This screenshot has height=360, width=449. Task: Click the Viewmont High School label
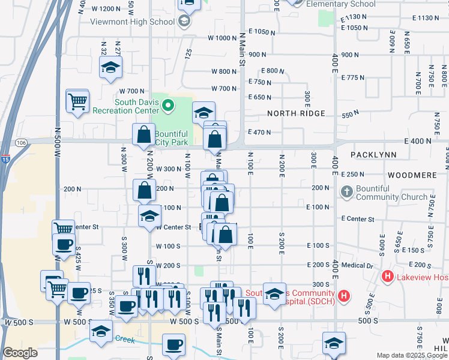[132, 22]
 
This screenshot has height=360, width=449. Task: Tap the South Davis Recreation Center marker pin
[169, 107]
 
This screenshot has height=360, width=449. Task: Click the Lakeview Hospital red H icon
[387, 277]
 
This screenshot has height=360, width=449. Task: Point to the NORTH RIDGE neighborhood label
[296, 113]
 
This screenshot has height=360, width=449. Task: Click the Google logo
[20, 353]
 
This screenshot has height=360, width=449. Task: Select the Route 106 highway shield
[22, 142]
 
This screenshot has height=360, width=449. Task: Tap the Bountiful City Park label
[172, 138]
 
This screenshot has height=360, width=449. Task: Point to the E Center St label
[357, 219]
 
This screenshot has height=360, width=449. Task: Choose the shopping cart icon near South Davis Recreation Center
[77, 101]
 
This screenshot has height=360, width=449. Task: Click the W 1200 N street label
[107, 8]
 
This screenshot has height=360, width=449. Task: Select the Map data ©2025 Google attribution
[412, 355]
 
